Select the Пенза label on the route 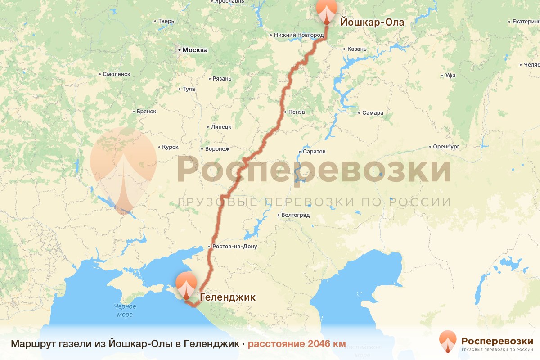(x=297, y=112)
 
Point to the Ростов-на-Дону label (x=234, y=247)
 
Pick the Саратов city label (x=314, y=152)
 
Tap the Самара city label (x=373, y=112)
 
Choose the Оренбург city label (x=446, y=147)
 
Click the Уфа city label (x=450, y=76)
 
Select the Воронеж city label (x=217, y=148)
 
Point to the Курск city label (x=170, y=147)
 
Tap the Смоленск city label (x=116, y=74)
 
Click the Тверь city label (x=166, y=21)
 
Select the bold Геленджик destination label (x=227, y=297)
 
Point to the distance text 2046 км (x=297, y=344)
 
